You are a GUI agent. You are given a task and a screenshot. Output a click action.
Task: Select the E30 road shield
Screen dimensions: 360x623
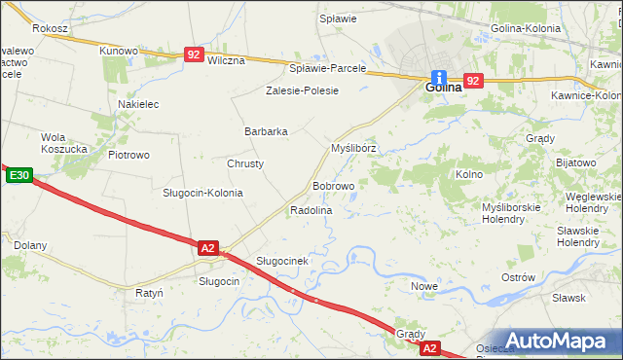[x=18, y=176]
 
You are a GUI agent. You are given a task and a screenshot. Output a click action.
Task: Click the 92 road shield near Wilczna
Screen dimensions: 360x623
[x=195, y=56]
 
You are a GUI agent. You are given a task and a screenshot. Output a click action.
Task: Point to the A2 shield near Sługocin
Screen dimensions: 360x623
[x=207, y=248]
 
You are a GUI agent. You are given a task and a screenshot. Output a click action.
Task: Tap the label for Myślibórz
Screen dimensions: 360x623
[x=353, y=149]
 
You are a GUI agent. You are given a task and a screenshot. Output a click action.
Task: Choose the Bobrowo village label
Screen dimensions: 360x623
[x=333, y=185]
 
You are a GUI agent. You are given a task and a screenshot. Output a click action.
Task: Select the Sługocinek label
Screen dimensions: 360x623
[x=282, y=261]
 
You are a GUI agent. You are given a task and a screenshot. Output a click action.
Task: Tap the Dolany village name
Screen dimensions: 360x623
[x=30, y=245]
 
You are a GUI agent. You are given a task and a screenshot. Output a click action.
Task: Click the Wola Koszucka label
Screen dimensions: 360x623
[x=65, y=143]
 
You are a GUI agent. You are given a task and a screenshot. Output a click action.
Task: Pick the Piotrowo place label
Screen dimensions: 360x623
[x=128, y=155]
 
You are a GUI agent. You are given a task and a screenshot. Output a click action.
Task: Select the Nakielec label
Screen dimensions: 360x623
[x=137, y=103]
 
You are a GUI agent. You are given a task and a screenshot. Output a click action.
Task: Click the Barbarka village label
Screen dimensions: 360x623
[x=266, y=131]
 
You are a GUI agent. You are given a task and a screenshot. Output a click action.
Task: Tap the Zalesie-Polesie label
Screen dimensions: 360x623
[x=302, y=90]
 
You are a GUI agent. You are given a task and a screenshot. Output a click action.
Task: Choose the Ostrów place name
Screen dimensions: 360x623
[x=518, y=277]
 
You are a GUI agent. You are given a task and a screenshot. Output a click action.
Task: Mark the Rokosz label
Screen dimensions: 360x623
[x=49, y=29]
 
